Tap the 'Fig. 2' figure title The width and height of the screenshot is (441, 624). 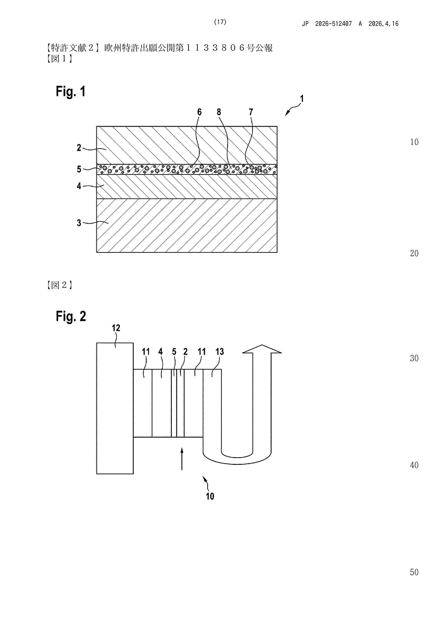pyautogui.click(x=71, y=316)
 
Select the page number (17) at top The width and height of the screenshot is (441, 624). pyautogui.click(x=220, y=22)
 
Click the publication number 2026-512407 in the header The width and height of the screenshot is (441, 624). pyautogui.click(x=333, y=24)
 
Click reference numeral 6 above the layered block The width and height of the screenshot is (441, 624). pyautogui.click(x=200, y=112)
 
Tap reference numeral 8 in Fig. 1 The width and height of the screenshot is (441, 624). pyautogui.click(x=219, y=112)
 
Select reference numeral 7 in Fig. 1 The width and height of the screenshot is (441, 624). pyautogui.click(x=251, y=112)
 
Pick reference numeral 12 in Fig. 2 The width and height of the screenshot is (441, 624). pyautogui.click(x=116, y=328)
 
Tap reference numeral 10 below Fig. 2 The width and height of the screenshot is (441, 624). pyautogui.click(x=210, y=496)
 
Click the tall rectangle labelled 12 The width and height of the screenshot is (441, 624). pyautogui.click(x=115, y=408)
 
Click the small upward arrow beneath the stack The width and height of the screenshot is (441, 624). pyautogui.click(x=182, y=459)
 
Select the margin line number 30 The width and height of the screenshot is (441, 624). pyautogui.click(x=414, y=358)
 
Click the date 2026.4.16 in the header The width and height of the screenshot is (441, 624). pyautogui.click(x=383, y=24)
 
